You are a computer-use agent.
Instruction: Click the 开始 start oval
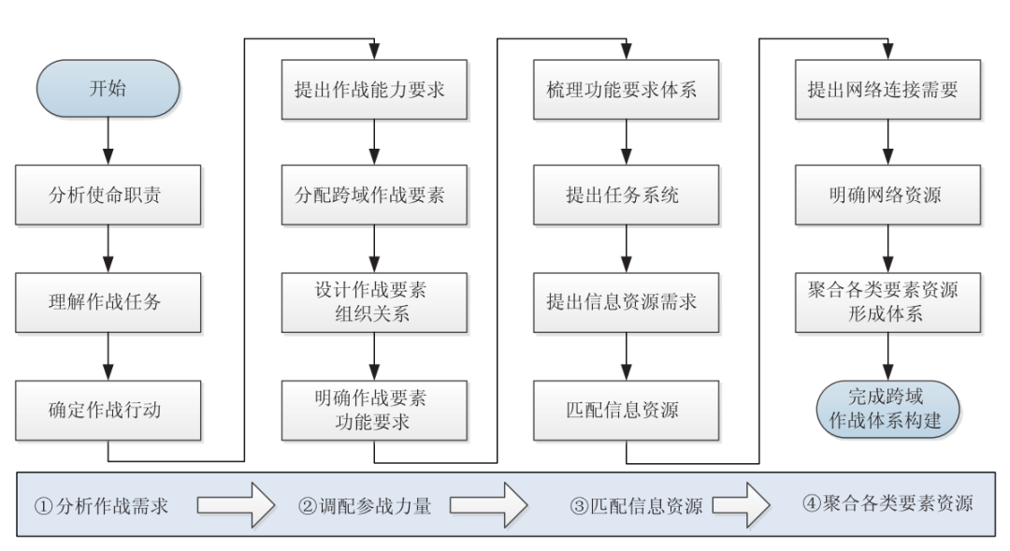pos(108,90)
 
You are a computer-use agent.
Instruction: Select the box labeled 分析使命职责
pos(109,196)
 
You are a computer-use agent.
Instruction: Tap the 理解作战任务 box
pos(109,302)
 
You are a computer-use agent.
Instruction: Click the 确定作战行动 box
pos(109,410)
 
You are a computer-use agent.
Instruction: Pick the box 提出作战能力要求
pos(374,90)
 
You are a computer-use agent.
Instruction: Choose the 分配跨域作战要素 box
pos(374,196)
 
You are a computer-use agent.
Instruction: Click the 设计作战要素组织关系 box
pos(374,302)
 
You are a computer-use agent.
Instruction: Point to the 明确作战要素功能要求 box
pos(374,410)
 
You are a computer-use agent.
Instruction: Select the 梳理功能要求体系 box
pos(626,90)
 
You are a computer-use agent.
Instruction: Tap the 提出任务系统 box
pos(626,196)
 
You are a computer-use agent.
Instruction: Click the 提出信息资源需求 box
pos(626,302)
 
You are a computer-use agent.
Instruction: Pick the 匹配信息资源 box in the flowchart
pos(626,410)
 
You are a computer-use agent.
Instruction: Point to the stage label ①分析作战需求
pos(102,506)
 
